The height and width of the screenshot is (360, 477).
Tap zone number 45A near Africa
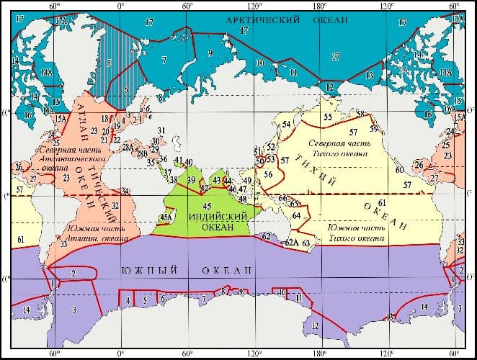coord(166,217)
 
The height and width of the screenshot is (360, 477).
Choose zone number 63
coord(306,243)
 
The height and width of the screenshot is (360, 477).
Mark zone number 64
coord(295,215)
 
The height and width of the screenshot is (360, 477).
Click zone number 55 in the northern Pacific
coord(328,117)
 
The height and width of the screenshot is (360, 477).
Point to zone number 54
coord(285,125)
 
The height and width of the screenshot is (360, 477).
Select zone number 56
coord(268,174)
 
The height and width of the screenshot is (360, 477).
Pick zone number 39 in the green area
coord(191,179)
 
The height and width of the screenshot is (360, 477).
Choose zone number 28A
coord(128,147)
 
